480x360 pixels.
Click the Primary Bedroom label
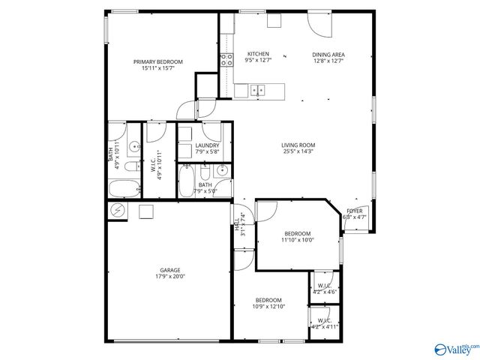(157, 62)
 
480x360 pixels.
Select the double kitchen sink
(257, 91)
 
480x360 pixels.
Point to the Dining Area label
(328, 55)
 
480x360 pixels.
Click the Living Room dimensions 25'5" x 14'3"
(298, 151)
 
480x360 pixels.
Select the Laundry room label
(207, 145)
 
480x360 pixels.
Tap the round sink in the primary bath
(132, 145)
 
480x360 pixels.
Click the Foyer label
(354, 211)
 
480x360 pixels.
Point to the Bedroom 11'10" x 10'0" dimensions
(298, 240)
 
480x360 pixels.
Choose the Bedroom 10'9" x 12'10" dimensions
(268, 306)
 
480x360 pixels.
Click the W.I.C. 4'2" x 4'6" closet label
(324, 289)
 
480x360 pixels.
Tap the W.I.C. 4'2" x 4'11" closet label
(324, 323)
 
